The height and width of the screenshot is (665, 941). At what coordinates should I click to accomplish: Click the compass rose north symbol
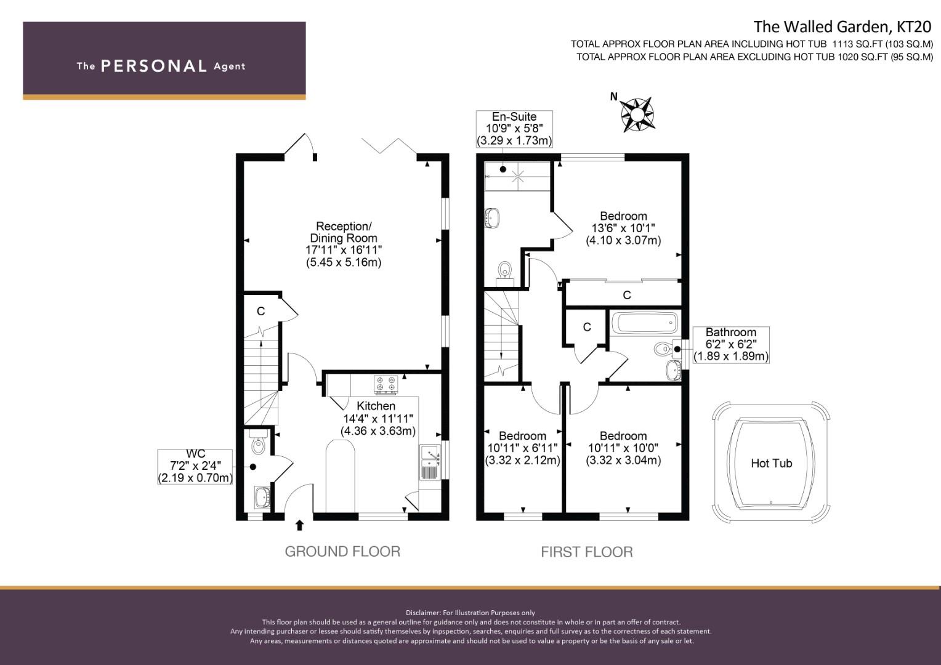pyautogui.click(x=637, y=114)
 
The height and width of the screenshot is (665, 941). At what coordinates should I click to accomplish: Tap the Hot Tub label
pyautogui.click(x=771, y=464)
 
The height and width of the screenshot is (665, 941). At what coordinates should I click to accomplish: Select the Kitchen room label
pyautogui.click(x=376, y=406)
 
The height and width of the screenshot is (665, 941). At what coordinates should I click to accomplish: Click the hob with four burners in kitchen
pyautogui.click(x=386, y=385)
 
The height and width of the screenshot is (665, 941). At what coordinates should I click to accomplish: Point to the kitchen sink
pyautogui.click(x=429, y=462)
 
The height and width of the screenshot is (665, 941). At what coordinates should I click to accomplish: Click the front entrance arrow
pyautogui.click(x=300, y=525)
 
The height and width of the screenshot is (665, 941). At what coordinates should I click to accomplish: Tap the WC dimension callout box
pyautogui.click(x=195, y=466)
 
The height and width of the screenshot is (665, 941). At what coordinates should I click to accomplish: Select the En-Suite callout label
pyautogui.click(x=514, y=129)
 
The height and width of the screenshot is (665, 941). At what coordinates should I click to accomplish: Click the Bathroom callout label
pyautogui.click(x=731, y=344)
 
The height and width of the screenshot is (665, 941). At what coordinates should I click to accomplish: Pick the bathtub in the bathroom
pyautogui.click(x=644, y=323)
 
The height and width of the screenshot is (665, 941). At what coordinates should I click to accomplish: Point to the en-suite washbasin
pyautogui.click(x=492, y=217)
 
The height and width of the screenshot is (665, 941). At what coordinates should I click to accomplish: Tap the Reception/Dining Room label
pyautogui.click(x=344, y=244)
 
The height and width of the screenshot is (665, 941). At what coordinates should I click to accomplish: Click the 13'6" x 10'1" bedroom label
pyautogui.click(x=623, y=228)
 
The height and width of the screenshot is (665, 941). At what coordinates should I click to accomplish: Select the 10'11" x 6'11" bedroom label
pyautogui.click(x=522, y=448)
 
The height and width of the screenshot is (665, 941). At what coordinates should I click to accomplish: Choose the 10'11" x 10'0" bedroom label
pyautogui.click(x=623, y=448)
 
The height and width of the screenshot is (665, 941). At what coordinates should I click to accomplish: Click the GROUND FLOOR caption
pyautogui.click(x=342, y=552)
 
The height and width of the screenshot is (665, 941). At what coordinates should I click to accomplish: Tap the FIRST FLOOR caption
pyautogui.click(x=586, y=552)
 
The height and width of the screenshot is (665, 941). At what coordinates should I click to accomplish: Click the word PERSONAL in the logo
pyautogui.click(x=153, y=66)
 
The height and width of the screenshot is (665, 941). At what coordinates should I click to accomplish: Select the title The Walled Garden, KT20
pyautogui.click(x=843, y=26)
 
